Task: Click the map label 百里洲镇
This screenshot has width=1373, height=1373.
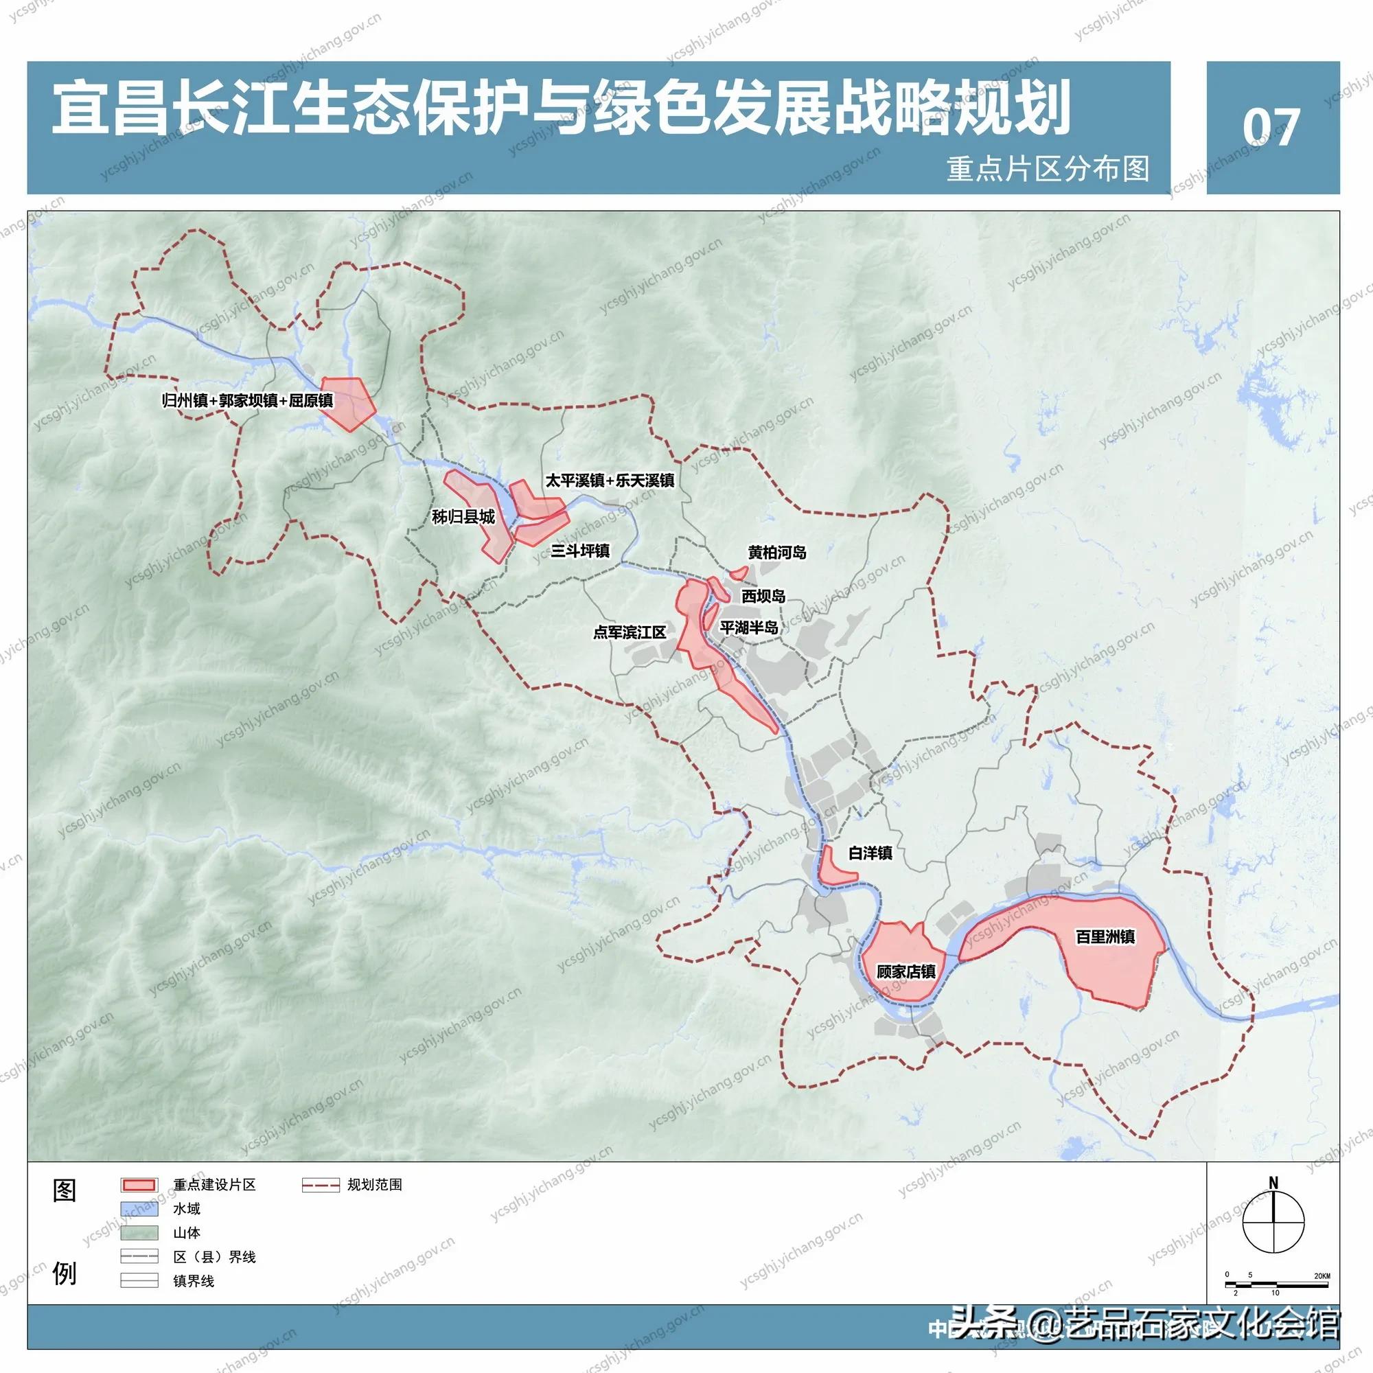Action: pos(1105,936)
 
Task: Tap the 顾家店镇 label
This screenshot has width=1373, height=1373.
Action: pos(905,971)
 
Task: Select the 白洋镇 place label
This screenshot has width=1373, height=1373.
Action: pos(870,853)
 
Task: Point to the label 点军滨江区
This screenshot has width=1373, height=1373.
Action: pos(630,632)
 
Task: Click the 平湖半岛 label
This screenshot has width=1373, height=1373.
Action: pos(749,627)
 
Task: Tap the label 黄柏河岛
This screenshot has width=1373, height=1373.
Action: pos(776,552)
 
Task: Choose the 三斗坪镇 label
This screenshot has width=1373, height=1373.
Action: pos(580,551)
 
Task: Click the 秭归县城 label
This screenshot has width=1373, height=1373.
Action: pos(463,518)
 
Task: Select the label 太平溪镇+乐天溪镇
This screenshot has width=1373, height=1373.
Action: pos(610,481)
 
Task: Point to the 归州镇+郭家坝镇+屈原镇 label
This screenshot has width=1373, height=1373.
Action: pos(247,401)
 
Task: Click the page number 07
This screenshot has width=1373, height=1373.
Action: pos(1271,128)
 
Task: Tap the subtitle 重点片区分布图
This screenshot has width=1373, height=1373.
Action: pos(1048,169)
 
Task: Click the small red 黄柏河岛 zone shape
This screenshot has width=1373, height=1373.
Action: pos(739,572)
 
